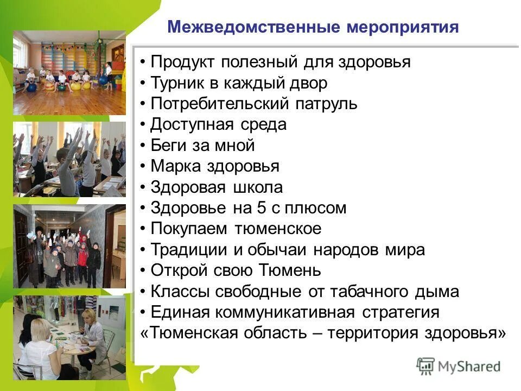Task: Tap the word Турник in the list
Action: point(176,83)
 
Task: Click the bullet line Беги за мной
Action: point(202,146)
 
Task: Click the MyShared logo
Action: point(459,366)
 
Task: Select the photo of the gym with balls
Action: point(69,73)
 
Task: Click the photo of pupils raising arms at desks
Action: point(69,159)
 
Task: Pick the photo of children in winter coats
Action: point(69,246)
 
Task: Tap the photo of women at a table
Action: point(69,337)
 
